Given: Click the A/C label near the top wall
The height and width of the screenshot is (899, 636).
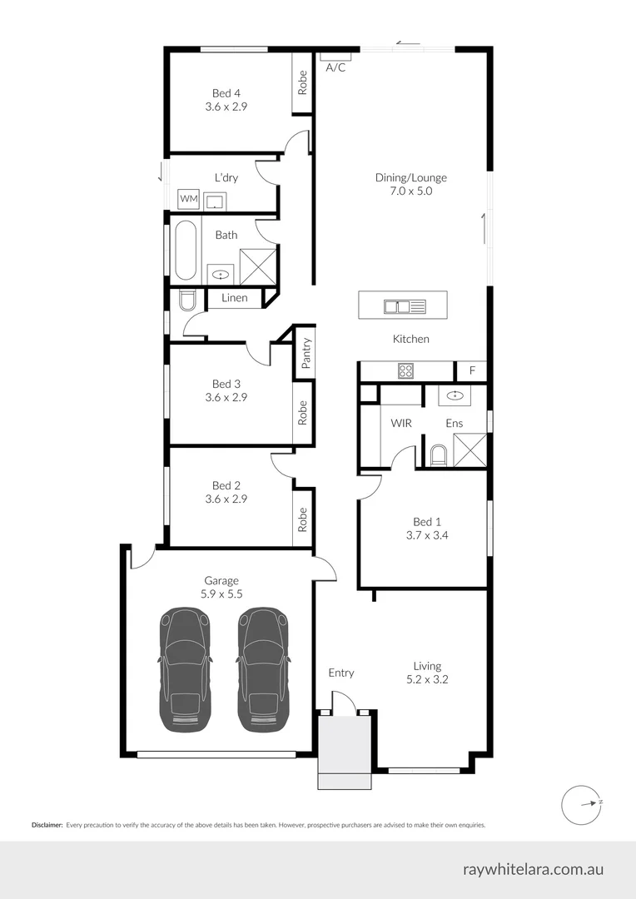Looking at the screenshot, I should point(335,67).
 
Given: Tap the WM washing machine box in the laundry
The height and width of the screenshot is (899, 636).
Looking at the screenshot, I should point(189,199).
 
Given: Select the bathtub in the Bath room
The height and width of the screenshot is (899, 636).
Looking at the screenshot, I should point(185,250).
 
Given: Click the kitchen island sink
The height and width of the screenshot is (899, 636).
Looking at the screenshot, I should point(404,306).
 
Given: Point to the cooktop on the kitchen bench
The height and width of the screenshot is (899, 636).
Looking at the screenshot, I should point(406,371).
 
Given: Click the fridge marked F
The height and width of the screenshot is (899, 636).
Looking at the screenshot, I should point(472,371).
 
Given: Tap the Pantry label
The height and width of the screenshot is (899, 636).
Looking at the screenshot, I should point(306,353).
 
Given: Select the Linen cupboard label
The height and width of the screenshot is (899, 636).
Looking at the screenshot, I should point(234,298).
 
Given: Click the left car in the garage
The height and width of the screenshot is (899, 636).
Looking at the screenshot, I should point(185,669).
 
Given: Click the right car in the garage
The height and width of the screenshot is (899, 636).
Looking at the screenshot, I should point(264,669).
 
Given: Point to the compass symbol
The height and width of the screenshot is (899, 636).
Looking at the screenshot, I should point(581,803).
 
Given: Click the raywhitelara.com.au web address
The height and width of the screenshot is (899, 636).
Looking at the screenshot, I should point(533,869).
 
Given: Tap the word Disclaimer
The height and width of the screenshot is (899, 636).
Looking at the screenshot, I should point(47,825).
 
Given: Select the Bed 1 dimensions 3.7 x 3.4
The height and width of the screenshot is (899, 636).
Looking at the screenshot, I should point(422,536).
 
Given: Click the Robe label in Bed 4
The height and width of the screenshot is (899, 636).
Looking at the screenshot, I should point(302,82).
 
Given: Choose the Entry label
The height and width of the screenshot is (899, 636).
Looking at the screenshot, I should point(340,673).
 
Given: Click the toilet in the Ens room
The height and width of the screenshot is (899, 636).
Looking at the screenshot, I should point(438,454).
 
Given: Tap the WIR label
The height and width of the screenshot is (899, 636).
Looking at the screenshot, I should point(401,424).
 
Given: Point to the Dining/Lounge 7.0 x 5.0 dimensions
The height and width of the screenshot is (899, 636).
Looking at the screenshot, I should point(410,191).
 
